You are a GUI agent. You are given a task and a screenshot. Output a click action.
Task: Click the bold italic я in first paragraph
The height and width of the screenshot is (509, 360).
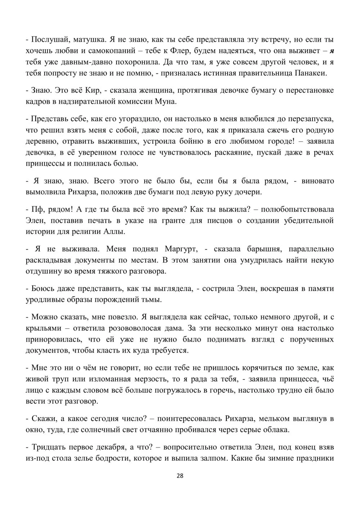(x=331, y=51)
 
